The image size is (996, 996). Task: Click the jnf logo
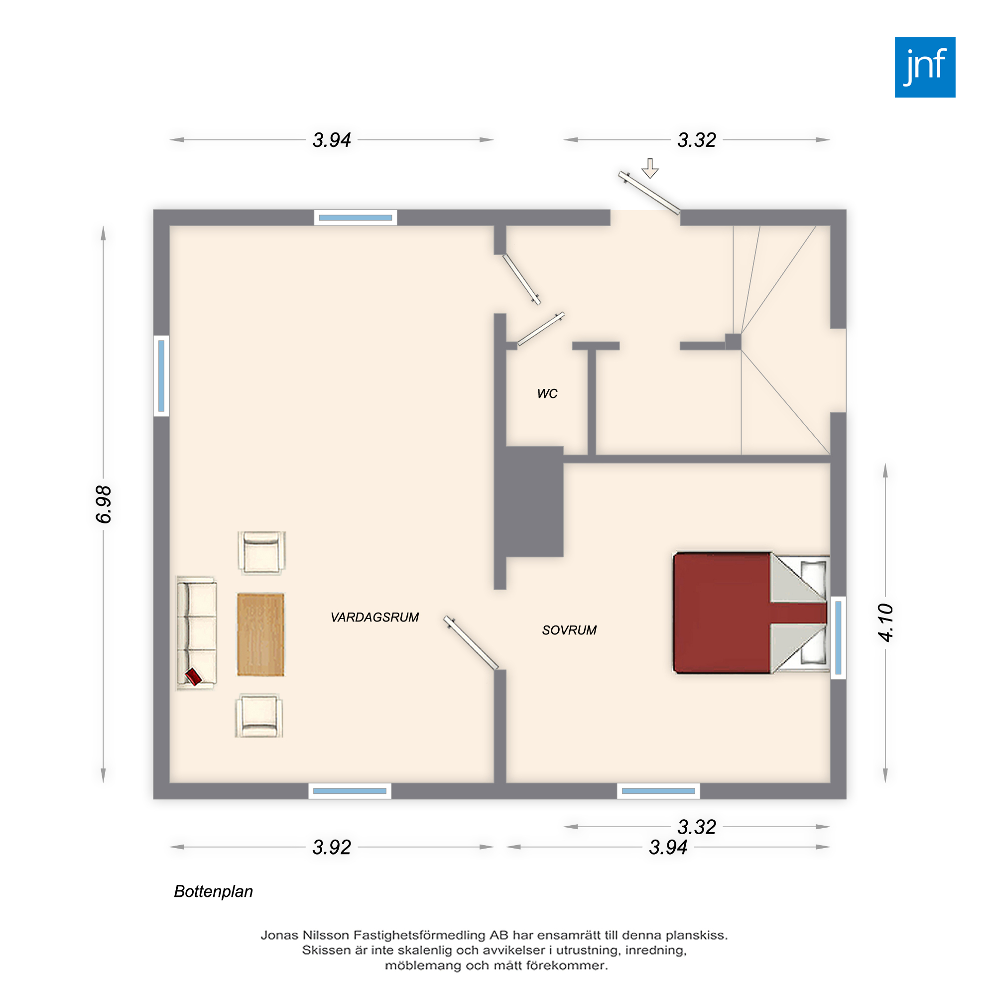tap(925, 67)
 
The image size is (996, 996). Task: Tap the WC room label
tap(547, 394)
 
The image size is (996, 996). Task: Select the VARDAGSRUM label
tap(375, 617)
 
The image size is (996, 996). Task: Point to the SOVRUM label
tap(569, 630)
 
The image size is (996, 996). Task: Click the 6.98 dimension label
tap(104, 504)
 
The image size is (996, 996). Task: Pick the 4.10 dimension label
tap(885, 622)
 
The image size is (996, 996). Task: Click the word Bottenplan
tap(214, 891)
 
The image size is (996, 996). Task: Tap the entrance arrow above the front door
tap(650, 168)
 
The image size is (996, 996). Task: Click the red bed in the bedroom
tap(750, 613)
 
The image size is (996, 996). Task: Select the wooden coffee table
tap(260, 634)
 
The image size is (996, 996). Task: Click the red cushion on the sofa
tap(193, 676)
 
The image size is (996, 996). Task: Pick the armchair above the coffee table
tap(262, 553)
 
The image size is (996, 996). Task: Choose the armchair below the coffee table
tap(259, 716)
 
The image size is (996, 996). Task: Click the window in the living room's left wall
tap(161, 375)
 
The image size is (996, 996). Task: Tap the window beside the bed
tap(838, 638)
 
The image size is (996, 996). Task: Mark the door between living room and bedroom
tap(471, 643)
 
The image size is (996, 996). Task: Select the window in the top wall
tap(355, 218)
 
